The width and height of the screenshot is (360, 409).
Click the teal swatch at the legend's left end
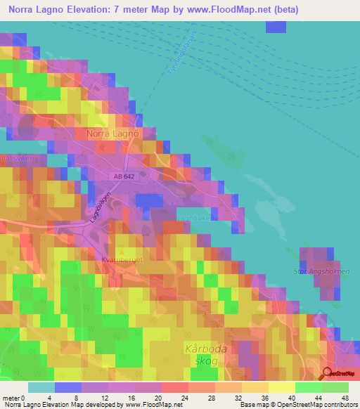point(41,387)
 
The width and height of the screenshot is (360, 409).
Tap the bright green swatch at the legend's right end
point(335,387)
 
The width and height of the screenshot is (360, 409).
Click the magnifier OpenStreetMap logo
point(327,375)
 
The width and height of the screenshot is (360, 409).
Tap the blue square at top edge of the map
point(276,27)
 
